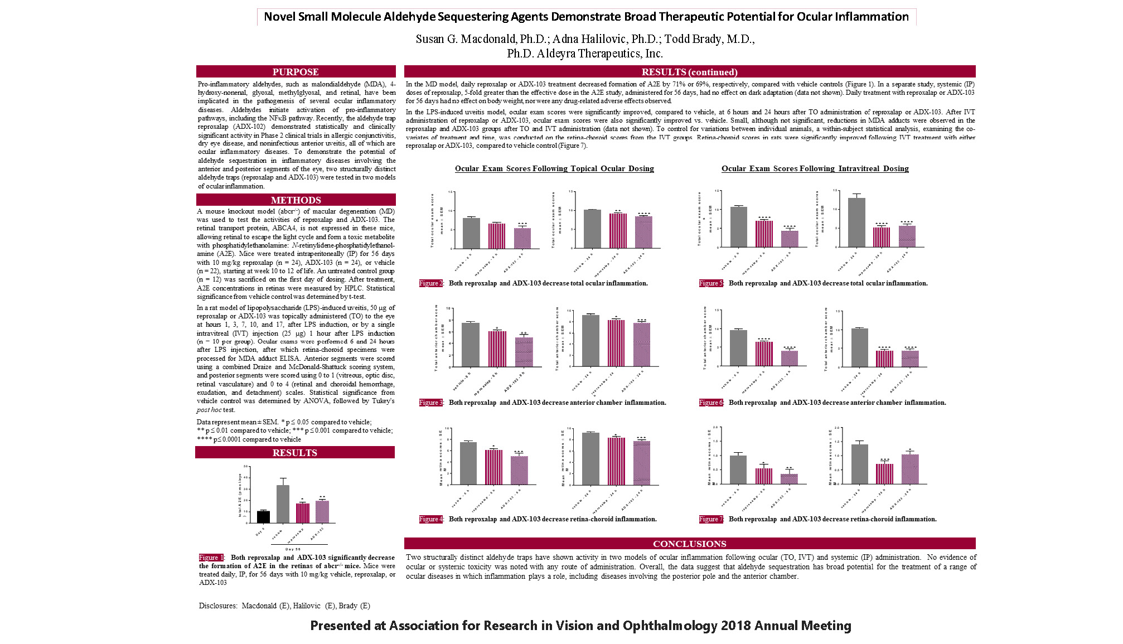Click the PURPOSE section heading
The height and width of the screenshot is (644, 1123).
(296, 72)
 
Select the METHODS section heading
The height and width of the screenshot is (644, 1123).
(296, 200)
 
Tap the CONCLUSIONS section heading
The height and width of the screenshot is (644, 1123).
(689, 544)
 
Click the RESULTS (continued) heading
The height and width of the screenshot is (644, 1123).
(689, 72)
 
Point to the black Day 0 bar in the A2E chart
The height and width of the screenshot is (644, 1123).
(263, 517)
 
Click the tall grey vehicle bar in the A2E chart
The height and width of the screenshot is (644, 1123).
(283, 503)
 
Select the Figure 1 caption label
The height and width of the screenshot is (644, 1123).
(211, 558)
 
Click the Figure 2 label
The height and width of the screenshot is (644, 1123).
(431, 283)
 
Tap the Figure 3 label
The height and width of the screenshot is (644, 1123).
(431, 403)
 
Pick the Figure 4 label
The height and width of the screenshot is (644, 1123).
(431, 519)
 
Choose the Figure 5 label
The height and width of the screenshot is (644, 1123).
(711, 283)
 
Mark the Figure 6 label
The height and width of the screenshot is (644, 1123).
(711, 403)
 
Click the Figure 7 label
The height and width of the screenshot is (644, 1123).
(711, 519)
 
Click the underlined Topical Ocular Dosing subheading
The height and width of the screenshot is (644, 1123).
(554, 168)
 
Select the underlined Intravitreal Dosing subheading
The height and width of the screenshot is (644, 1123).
(815, 168)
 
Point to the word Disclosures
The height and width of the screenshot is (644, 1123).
(217, 606)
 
